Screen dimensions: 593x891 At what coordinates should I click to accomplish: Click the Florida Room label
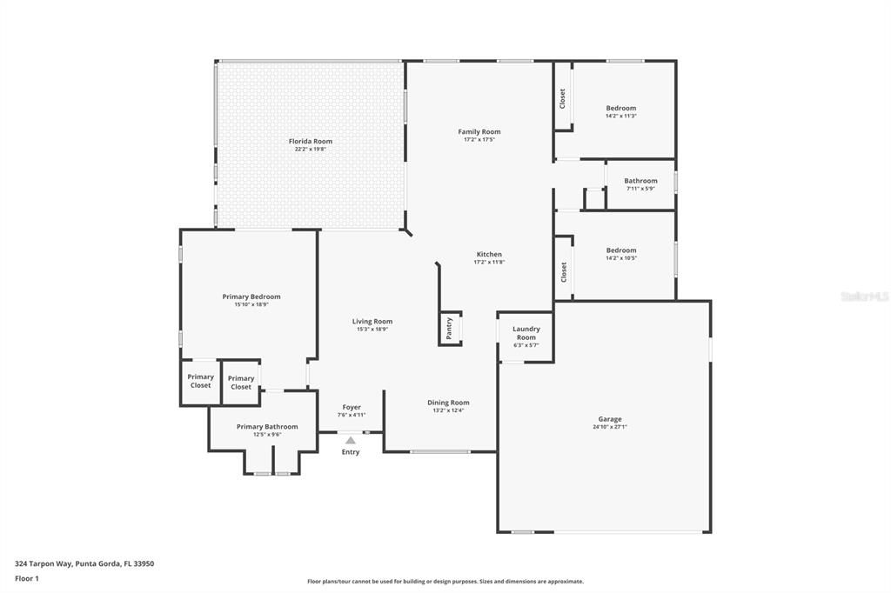(x=311, y=141)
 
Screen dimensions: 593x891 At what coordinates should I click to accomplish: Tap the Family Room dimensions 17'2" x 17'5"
(x=479, y=139)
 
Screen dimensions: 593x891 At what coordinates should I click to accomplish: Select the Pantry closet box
(x=450, y=328)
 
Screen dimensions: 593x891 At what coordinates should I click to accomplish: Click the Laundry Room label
(x=526, y=333)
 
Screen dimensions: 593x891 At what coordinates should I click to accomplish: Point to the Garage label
(x=609, y=418)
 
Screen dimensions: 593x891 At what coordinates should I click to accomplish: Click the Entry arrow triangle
(x=350, y=441)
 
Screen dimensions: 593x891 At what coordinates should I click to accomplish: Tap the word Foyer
(x=352, y=407)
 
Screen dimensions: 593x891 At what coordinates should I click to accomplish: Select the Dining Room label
(x=448, y=403)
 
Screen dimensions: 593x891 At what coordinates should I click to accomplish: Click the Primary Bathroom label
(x=267, y=427)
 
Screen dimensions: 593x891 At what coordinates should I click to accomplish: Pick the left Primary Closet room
(x=201, y=382)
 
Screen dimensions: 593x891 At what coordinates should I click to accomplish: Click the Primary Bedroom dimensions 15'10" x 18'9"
(x=251, y=304)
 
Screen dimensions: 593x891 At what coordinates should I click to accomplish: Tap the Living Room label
(x=372, y=321)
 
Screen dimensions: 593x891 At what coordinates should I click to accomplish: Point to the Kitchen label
(x=488, y=254)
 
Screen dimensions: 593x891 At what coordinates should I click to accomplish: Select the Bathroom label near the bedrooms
(x=640, y=181)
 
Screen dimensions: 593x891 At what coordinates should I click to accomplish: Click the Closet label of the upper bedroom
(x=563, y=98)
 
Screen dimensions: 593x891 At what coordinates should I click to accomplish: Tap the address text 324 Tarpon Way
(x=84, y=563)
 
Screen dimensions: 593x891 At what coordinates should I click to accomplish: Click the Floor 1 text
(x=27, y=578)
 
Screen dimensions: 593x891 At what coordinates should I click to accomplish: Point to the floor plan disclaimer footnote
(x=445, y=582)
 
